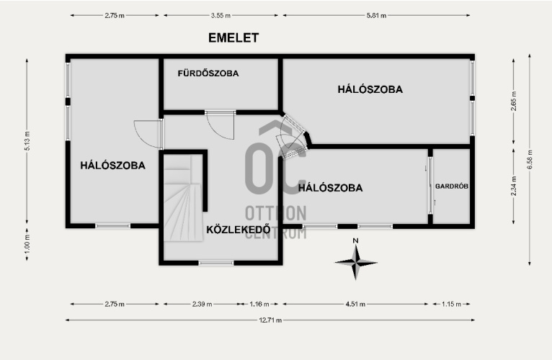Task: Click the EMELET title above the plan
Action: click(x=233, y=37)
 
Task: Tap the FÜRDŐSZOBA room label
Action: click(x=208, y=73)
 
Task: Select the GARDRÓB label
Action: click(x=452, y=186)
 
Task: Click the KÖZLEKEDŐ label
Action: click(x=239, y=230)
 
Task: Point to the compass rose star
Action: click(x=356, y=263)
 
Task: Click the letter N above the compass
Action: click(x=355, y=240)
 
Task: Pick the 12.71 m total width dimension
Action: click(x=270, y=320)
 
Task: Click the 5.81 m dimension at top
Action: click(x=376, y=16)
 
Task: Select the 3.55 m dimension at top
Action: click(x=221, y=16)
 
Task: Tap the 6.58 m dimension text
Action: click(x=530, y=160)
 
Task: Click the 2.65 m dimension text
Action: click(x=513, y=101)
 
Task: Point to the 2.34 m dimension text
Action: click(x=513, y=186)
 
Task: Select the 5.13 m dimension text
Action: click(x=27, y=141)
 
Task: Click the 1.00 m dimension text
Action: click(x=27, y=244)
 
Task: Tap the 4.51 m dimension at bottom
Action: click(x=355, y=304)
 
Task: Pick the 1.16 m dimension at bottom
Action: click(x=259, y=304)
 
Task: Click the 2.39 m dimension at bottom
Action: click(x=202, y=304)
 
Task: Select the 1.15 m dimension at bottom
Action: click(x=451, y=304)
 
